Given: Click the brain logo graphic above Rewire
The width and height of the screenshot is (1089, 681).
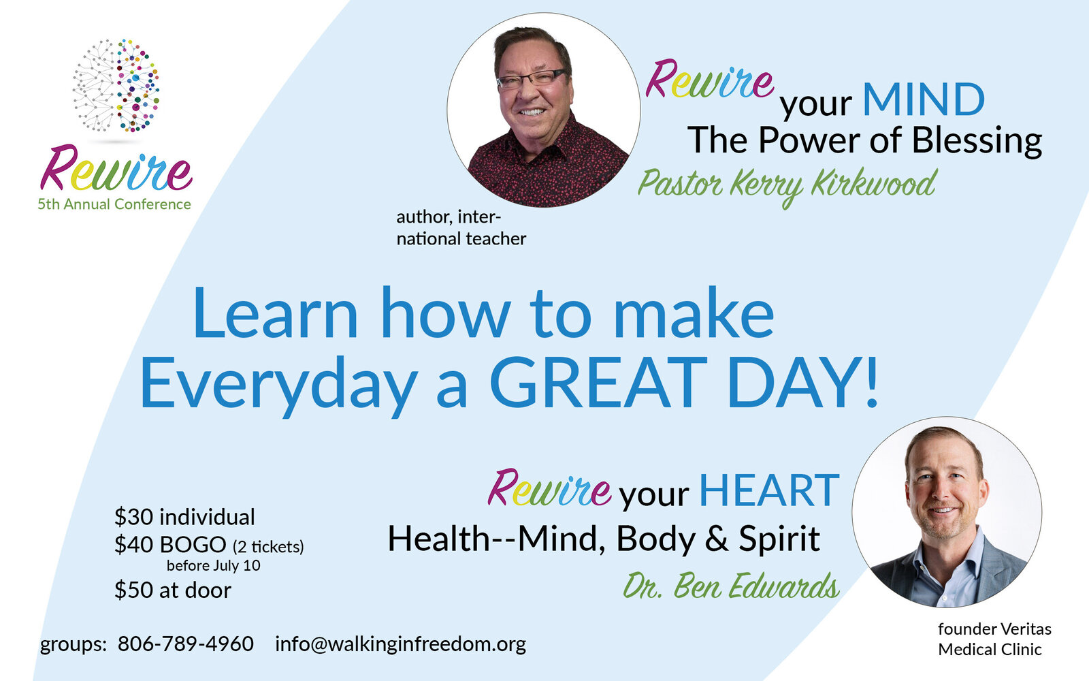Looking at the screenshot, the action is [116, 86].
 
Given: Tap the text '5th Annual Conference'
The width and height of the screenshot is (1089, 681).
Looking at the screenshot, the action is [114, 204].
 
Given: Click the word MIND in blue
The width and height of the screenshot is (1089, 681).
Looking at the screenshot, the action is [924, 99].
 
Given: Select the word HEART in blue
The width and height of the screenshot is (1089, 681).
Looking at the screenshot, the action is [770, 490].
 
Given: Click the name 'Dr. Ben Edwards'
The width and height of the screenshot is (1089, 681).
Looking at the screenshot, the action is [731, 586].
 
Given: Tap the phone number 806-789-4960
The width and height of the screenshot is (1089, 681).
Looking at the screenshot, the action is [186, 644].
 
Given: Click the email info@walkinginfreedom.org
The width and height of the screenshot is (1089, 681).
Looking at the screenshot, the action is [401, 644].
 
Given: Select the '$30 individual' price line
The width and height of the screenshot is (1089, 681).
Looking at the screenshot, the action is [184, 517].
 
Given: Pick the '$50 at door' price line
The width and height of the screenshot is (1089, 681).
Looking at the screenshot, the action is [173, 590].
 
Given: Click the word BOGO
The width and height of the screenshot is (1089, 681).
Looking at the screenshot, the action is [193, 545].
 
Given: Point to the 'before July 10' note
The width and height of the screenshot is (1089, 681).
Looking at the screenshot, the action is [214, 566].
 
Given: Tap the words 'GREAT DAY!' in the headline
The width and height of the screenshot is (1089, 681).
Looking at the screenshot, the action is [683, 382].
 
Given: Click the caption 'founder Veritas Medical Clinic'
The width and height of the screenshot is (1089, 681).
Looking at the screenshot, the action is [994, 639].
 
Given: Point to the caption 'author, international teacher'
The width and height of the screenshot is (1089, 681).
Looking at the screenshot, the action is [461, 227].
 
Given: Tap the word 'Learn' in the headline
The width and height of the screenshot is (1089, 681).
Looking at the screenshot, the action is [275, 313].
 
